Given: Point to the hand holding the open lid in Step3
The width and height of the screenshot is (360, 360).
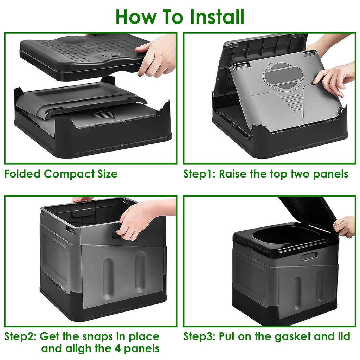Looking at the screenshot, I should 345,226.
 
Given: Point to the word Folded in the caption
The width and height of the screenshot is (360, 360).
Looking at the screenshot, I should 22,174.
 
